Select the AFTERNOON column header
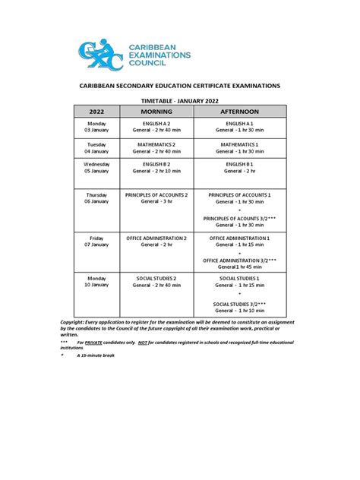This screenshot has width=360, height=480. click(240, 112)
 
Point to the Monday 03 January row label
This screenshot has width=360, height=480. click(97, 127)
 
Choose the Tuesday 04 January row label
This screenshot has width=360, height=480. click(97, 147)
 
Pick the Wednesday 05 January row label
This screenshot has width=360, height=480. click(97, 167)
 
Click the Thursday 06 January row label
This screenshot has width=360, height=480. click(97, 198)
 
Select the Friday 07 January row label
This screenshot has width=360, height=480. click(97, 242)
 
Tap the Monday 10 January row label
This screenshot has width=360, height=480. click(97, 283)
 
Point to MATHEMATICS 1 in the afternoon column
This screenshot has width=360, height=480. click(240, 143)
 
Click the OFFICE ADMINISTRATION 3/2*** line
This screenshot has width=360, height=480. click(240, 261)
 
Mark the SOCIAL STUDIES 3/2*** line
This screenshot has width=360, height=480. click(240, 303)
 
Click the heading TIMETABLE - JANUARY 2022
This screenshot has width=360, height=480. click(179, 99)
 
